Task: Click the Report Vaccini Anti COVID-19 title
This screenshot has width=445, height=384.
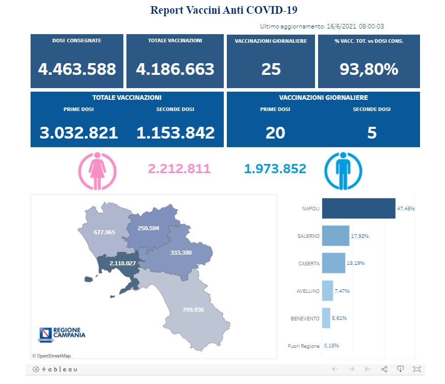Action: tap(224, 10)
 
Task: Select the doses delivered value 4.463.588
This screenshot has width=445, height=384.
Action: tap(77, 69)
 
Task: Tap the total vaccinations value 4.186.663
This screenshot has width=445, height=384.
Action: tap(175, 69)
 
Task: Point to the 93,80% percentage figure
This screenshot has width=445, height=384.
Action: tap(369, 69)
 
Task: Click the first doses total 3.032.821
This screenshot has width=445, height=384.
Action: tap(78, 133)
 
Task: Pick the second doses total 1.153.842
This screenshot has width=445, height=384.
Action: tap(175, 133)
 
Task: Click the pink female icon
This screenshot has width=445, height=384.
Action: tap(97, 171)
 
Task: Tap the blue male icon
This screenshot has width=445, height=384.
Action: tap(343, 171)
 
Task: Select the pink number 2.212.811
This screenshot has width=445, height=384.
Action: tap(179, 169)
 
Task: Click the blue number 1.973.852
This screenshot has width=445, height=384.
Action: tap(275, 169)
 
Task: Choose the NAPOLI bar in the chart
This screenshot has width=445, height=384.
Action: tap(358, 208)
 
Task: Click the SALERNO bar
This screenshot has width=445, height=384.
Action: tap(335, 236)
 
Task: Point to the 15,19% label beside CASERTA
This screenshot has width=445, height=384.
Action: tap(356, 263)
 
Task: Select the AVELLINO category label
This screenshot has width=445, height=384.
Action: tap(308, 291)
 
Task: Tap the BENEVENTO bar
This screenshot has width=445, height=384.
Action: tap(326, 318)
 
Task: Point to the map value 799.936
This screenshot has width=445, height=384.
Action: tap(197, 309)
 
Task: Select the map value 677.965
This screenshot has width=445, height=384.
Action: tap(104, 232)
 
